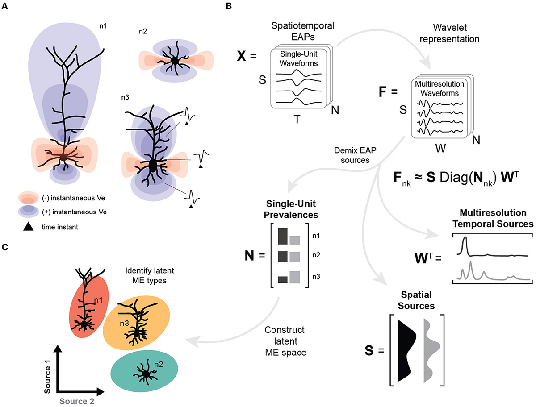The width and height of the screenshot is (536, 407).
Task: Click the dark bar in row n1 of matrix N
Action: click(282, 236)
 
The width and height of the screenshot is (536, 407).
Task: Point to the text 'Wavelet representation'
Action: click(456, 33)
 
